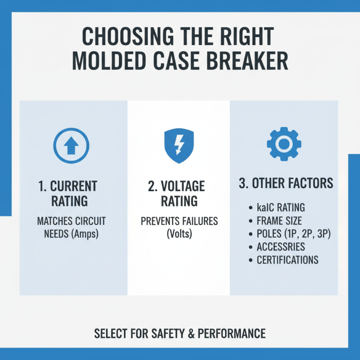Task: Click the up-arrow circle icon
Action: click(72, 145)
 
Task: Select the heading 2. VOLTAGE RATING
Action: click(179, 193)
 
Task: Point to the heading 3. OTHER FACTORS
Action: click(286, 184)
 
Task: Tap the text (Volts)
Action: click(179, 234)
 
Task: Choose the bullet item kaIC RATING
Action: click(281, 208)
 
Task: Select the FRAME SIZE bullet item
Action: click(279, 221)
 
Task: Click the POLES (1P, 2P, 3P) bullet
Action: click(293, 234)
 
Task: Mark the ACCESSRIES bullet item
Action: click(281, 247)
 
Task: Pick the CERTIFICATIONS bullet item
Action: click(288, 260)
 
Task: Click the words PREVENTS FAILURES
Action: click(179, 221)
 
